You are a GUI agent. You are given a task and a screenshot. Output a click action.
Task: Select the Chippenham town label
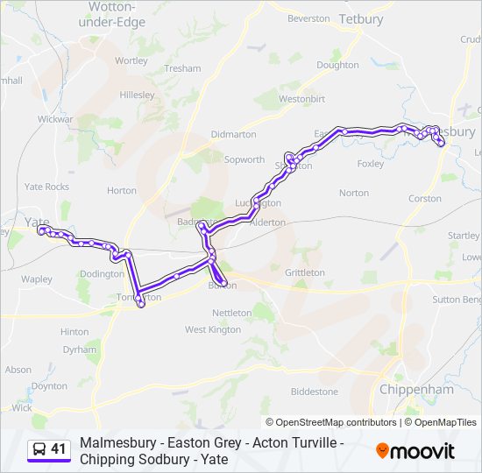tap(416, 389)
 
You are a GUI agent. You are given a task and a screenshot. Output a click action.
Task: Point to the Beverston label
tap(308, 18)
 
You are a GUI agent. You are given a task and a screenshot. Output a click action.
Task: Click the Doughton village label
tap(337, 65)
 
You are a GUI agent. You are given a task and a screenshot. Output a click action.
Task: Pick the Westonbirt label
tap(301, 99)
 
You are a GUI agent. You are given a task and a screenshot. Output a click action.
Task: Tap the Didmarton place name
tap(234, 134)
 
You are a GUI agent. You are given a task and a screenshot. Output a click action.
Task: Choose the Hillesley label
tap(137, 95)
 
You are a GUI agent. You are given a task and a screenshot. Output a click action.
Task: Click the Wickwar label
tap(55, 117)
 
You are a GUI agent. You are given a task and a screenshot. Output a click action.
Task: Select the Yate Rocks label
tap(46, 187)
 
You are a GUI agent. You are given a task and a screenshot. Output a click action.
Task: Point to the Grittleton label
tap(305, 273)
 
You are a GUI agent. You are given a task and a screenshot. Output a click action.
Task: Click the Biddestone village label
tap(314, 392)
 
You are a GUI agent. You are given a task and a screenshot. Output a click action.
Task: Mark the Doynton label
tap(48, 385)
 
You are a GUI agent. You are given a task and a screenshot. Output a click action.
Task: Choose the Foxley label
tap(371, 164)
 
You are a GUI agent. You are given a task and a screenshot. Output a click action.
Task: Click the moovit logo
tap(415, 450)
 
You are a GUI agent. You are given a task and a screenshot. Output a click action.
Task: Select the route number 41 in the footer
tap(59, 449)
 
